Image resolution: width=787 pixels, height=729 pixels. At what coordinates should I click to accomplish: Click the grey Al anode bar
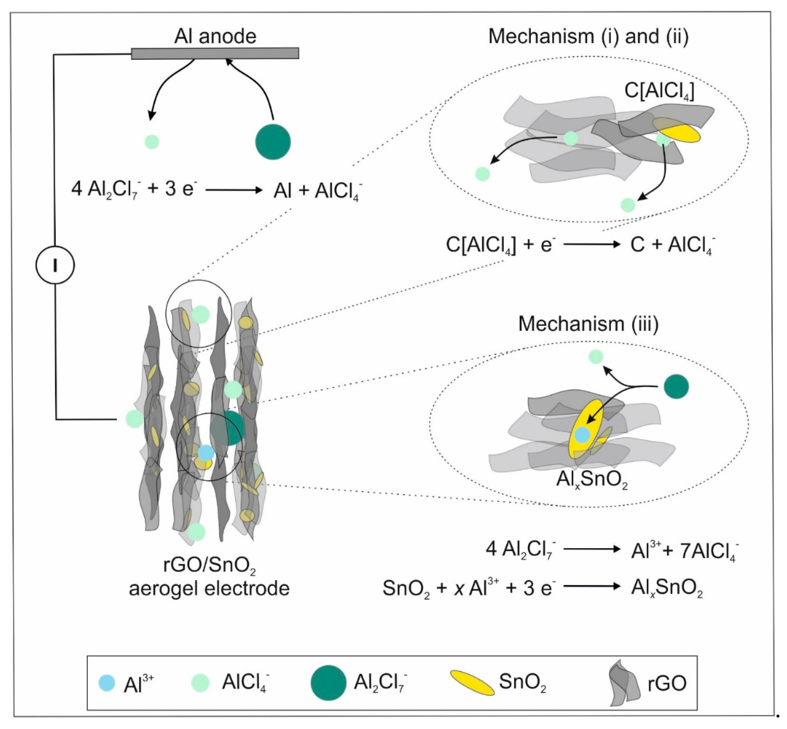215,53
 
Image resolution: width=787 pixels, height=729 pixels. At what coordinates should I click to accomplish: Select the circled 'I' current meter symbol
55,265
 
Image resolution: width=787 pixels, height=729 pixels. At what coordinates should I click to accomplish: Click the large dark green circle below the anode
273,142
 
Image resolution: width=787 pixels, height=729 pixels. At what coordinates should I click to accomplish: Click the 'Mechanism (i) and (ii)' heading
588,36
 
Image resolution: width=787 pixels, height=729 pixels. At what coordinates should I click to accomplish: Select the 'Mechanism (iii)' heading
588,324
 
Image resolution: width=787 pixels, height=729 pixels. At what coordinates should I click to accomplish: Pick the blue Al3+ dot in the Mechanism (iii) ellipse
582,435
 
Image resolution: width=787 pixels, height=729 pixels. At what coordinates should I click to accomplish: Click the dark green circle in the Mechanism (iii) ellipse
676,387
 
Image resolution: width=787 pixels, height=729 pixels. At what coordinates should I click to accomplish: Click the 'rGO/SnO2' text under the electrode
209,565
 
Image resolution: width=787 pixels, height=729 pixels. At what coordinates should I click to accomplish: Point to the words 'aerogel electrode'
209,588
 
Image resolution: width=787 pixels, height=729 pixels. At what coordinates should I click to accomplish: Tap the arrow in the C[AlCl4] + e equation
592,245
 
